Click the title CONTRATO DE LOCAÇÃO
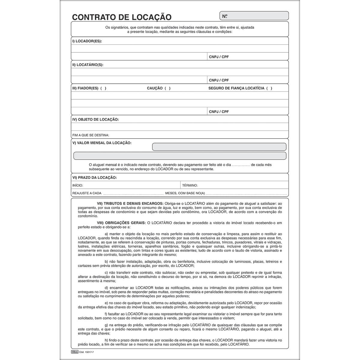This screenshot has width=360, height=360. point(121,17)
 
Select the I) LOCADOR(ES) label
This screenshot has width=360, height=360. point(87,41)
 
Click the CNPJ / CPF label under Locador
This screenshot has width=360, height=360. point(219,57)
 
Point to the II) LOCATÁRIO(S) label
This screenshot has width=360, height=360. point(88,64)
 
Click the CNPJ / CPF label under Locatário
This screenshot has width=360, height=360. point(219,80)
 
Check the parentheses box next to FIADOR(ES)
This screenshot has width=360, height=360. point(103,88)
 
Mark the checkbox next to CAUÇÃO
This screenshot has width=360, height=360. point(167,88)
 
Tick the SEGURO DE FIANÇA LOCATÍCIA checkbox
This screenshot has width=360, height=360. point(269,88)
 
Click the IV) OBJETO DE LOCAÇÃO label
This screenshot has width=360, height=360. point(95,119)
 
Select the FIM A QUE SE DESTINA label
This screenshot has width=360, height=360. point(91,135)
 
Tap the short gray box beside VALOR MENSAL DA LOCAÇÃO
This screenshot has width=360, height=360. point(219,147)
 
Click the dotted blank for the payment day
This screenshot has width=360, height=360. point(241,165)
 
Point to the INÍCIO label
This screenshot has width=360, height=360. point(78,185)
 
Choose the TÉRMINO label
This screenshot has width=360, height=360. point(190,185)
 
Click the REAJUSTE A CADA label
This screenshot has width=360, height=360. point(87,193)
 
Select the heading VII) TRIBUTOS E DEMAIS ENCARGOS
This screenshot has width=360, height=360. point(130,203)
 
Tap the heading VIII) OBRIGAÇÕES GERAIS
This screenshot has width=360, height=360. point(121,223)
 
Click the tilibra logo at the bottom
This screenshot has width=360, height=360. point(75,351)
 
